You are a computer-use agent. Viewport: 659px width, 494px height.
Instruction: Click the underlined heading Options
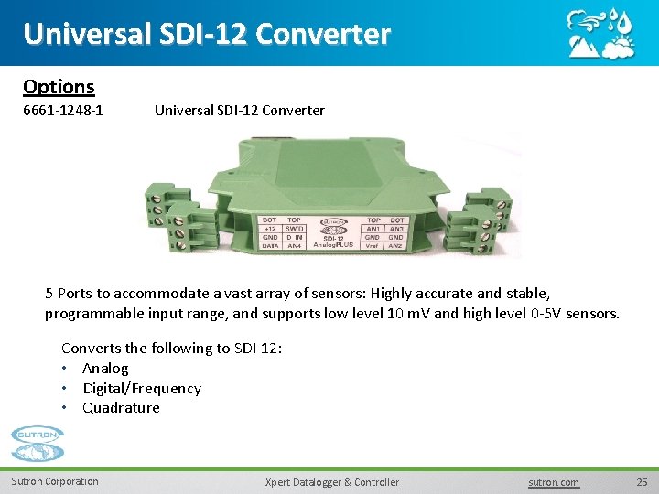59,87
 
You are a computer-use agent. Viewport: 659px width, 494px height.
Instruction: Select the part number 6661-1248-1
62,111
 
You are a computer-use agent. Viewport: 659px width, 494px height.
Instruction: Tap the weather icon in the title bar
600,33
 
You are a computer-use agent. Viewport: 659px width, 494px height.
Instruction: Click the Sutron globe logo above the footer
38,446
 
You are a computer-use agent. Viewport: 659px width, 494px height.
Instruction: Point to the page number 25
642,482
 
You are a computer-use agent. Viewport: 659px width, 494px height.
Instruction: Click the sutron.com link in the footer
555,482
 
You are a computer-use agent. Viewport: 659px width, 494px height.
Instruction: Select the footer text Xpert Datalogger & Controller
331,482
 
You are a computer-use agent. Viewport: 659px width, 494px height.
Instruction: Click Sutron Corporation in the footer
55,481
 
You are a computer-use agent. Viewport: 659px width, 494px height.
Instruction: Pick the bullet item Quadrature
121,408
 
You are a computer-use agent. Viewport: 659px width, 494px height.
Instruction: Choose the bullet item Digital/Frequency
142,388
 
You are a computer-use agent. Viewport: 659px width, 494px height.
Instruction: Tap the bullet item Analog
105,368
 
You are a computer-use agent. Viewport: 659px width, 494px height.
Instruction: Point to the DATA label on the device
270,246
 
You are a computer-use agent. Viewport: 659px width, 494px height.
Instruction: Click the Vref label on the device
373,246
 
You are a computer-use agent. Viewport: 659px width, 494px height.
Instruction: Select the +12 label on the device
270,229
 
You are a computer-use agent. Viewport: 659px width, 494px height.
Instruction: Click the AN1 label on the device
373,229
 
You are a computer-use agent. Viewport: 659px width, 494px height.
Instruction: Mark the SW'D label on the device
294,229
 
